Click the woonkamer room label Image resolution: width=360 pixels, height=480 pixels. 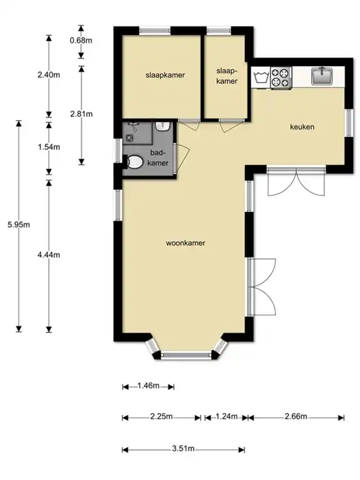[x=186, y=243]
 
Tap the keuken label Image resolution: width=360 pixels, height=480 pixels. [x=302, y=127]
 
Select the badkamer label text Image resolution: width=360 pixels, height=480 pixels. [x=158, y=157]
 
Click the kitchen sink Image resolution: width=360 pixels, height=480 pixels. [x=322, y=76]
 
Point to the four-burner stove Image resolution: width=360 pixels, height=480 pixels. [x=281, y=77]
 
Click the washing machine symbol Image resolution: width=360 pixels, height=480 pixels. [x=261, y=78]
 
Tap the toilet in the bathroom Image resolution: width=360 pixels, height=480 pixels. [x=134, y=162]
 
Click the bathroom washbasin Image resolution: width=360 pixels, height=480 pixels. [x=162, y=126]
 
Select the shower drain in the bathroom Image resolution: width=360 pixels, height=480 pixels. [x=130, y=137]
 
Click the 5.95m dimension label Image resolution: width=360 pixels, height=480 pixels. [x=19, y=225]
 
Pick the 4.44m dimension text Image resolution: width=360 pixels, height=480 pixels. [x=49, y=255]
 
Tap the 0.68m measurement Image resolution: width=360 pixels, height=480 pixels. [x=81, y=40]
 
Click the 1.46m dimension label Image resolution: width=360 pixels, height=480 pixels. [x=148, y=386]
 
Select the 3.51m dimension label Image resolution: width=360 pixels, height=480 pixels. [x=183, y=449]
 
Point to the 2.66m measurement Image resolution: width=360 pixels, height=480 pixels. [x=296, y=416]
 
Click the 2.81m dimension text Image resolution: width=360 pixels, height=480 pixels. [x=81, y=114]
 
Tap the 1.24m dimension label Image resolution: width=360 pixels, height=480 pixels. [x=226, y=416]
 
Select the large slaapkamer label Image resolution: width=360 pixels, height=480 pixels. [x=165, y=75]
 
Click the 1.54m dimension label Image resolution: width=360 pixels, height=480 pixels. [x=49, y=147]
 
